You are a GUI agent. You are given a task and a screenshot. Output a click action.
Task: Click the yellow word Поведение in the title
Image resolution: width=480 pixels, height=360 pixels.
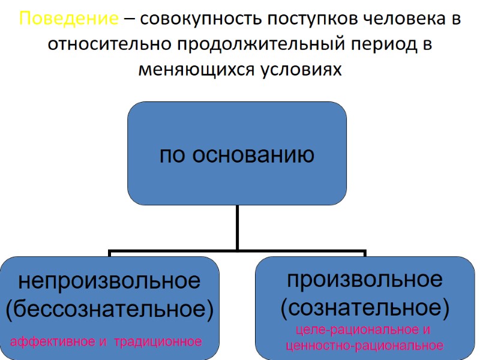coord(68,19)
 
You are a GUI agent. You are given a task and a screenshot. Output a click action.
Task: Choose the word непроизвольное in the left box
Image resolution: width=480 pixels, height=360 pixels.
coord(109,280)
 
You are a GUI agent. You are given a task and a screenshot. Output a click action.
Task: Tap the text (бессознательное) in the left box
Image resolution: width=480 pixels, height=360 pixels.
coord(109,310)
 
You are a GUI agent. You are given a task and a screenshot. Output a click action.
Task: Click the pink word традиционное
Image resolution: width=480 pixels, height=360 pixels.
coord(158,342)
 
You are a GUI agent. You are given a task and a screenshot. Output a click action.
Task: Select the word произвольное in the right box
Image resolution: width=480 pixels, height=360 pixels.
coord(365,279)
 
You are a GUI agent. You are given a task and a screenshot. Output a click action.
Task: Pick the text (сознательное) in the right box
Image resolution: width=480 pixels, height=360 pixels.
coord(365,308)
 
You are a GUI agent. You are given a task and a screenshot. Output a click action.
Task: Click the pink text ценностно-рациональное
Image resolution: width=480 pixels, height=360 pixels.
coord(365,346)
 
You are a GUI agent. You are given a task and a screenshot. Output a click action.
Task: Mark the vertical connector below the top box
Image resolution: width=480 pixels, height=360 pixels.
coord(238,227)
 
